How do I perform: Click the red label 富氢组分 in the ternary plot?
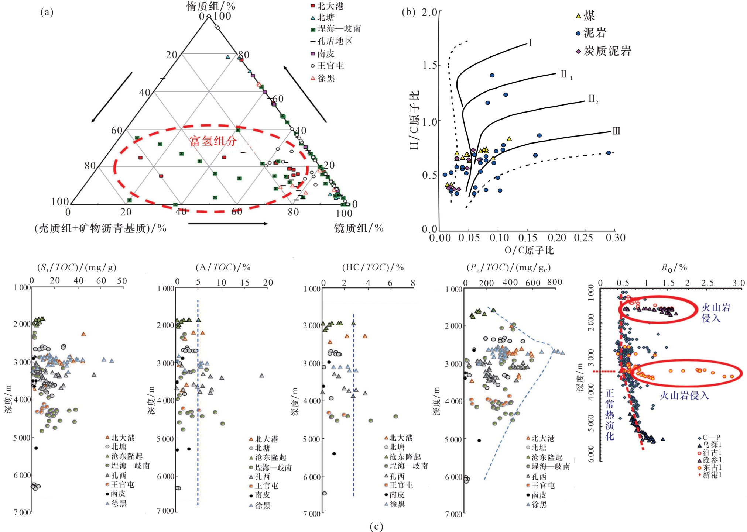point(213,141)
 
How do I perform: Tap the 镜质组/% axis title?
point(359,228)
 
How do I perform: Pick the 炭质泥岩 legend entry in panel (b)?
point(607,51)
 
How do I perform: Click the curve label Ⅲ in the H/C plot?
point(616,131)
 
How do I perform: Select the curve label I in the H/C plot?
point(530,43)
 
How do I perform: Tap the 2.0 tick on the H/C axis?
point(429,13)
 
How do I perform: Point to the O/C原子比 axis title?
point(529,251)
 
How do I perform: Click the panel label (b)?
point(409,12)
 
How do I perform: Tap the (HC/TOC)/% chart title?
point(373,267)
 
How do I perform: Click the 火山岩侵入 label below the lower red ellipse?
point(684,396)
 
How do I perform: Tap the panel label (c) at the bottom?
point(376,526)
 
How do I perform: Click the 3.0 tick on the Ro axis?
point(739,283)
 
